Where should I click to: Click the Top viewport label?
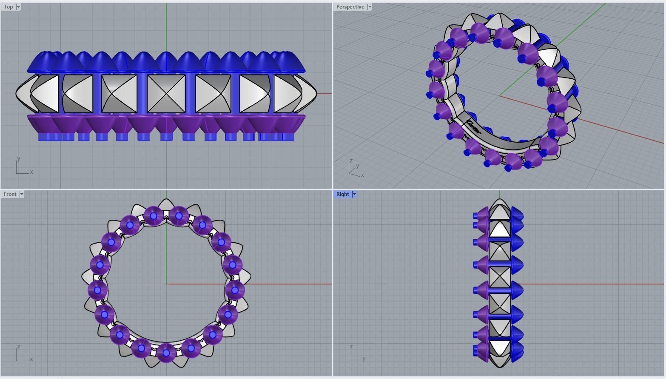(x=8, y=7)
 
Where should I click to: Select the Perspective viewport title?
(x=350, y=7)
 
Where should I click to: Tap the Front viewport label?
(x=10, y=194)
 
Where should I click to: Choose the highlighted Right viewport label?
(x=342, y=194)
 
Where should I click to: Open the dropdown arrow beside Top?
(x=18, y=7)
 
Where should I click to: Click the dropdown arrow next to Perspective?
(x=370, y=7)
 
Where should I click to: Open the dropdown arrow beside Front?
(x=22, y=194)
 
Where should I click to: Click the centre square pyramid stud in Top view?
(x=166, y=94)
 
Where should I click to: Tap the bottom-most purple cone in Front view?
(x=166, y=353)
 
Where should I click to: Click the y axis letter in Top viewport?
(x=18, y=158)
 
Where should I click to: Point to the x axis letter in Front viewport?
(x=31, y=359)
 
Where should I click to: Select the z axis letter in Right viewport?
(x=351, y=346)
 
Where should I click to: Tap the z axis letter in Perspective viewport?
(x=351, y=161)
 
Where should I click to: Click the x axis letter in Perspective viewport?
(x=362, y=175)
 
